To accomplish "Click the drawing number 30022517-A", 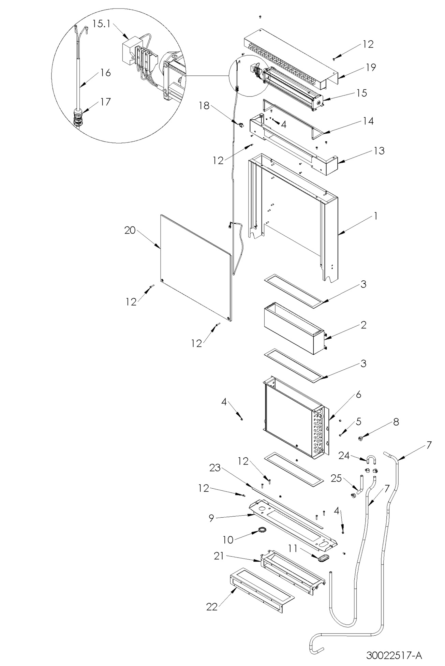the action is click(x=394, y=655).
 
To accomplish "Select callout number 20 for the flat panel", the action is click(x=130, y=231).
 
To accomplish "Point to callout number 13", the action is click(x=379, y=150).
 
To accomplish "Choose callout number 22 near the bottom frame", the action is click(x=212, y=607).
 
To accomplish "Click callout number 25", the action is click(x=336, y=478).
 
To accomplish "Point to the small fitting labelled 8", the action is click(x=360, y=438).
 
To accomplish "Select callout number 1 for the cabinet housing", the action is click(x=375, y=216).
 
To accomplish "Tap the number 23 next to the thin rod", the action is click(x=215, y=469).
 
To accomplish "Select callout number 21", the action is click(x=219, y=556).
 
